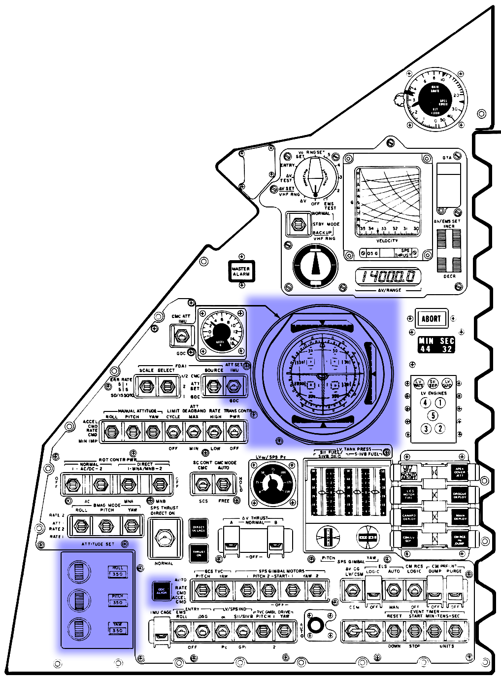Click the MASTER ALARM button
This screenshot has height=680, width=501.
click(x=241, y=271)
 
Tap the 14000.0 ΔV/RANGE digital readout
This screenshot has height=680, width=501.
click(x=389, y=276)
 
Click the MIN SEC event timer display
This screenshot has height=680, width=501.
click(x=436, y=345)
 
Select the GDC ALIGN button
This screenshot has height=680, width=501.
click(x=162, y=590)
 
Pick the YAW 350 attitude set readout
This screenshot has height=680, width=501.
click(x=118, y=628)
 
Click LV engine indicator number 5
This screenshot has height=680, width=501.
click(x=433, y=415)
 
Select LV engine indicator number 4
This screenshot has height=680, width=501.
click(x=425, y=403)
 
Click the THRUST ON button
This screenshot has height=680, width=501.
click(x=199, y=553)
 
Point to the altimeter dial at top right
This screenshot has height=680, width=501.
click(x=434, y=101)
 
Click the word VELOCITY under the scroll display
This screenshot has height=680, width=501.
click(x=387, y=240)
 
